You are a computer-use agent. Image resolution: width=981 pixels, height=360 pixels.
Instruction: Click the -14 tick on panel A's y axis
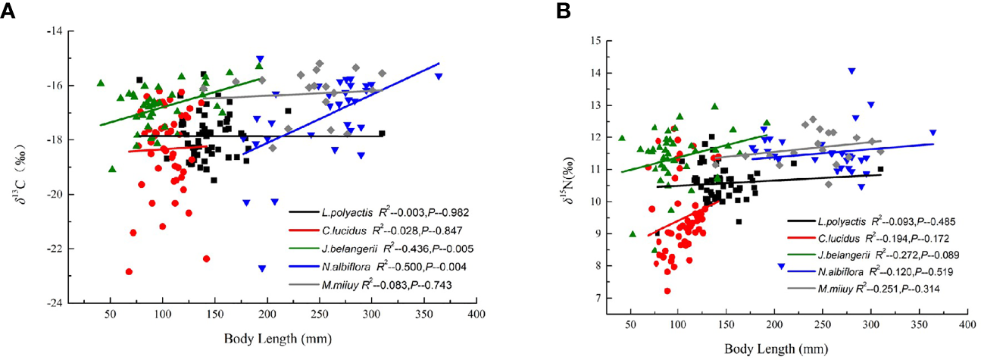coord(52,31)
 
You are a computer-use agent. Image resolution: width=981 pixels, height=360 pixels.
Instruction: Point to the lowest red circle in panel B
coord(667,291)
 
